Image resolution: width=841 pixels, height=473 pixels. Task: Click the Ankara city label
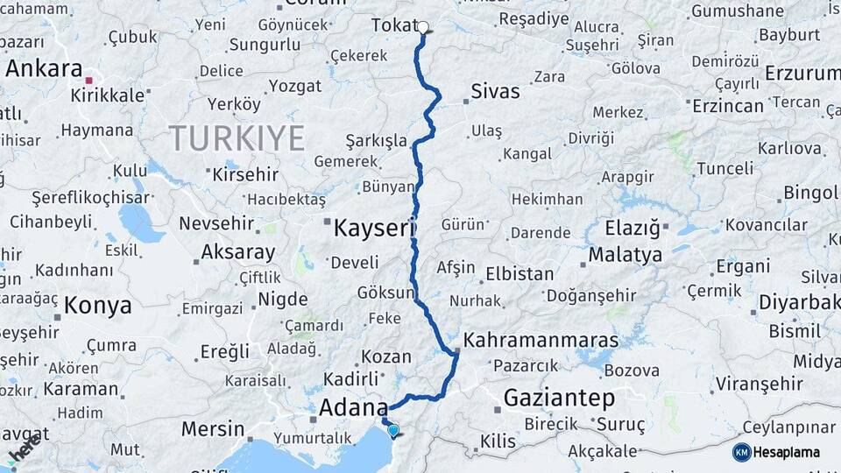[x=44, y=68]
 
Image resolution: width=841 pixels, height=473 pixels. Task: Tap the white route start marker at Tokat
[x=423, y=27]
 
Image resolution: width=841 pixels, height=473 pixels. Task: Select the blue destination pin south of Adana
[x=393, y=430]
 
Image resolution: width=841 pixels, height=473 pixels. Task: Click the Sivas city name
[x=495, y=91]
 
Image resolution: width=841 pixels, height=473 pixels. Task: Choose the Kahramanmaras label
[x=541, y=340]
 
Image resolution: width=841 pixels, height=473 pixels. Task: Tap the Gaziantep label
[x=559, y=399]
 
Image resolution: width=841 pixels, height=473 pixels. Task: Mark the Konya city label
[x=98, y=306]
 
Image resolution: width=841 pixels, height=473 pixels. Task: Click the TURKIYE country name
[x=237, y=138]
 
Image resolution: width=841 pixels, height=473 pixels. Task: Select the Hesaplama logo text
[x=787, y=452]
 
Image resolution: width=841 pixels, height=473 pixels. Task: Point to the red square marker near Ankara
[x=88, y=81]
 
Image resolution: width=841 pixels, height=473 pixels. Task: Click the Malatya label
[x=625, y=255]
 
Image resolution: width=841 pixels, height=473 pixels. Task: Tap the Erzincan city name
[x=727, y=105]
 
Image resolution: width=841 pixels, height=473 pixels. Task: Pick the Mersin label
[x=213, y=429]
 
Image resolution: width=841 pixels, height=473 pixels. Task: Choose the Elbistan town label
[x=519, y=273]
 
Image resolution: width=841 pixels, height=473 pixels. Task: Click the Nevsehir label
[x=216, y=223]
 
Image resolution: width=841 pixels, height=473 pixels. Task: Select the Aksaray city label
[x=237, y=252]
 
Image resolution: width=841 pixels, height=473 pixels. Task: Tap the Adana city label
[x=352, y=407]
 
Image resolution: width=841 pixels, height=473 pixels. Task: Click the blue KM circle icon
[x=742, y=452]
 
